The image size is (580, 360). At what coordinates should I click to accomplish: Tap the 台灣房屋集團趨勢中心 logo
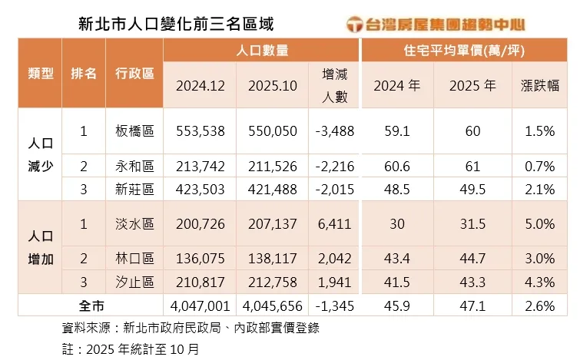point(446,24)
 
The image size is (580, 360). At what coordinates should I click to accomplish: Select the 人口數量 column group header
point(263,51)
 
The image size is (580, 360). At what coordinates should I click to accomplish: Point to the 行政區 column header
point(134,74)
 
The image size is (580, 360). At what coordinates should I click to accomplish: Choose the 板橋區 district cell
point(134,130)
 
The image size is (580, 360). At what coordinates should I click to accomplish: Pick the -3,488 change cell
point(334,130)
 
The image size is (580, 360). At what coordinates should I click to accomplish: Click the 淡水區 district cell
point(134,223)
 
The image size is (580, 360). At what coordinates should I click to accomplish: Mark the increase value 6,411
point(334,223)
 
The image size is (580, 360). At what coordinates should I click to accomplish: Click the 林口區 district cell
point(134,259)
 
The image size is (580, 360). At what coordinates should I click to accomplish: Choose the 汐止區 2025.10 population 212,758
point(273,282)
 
